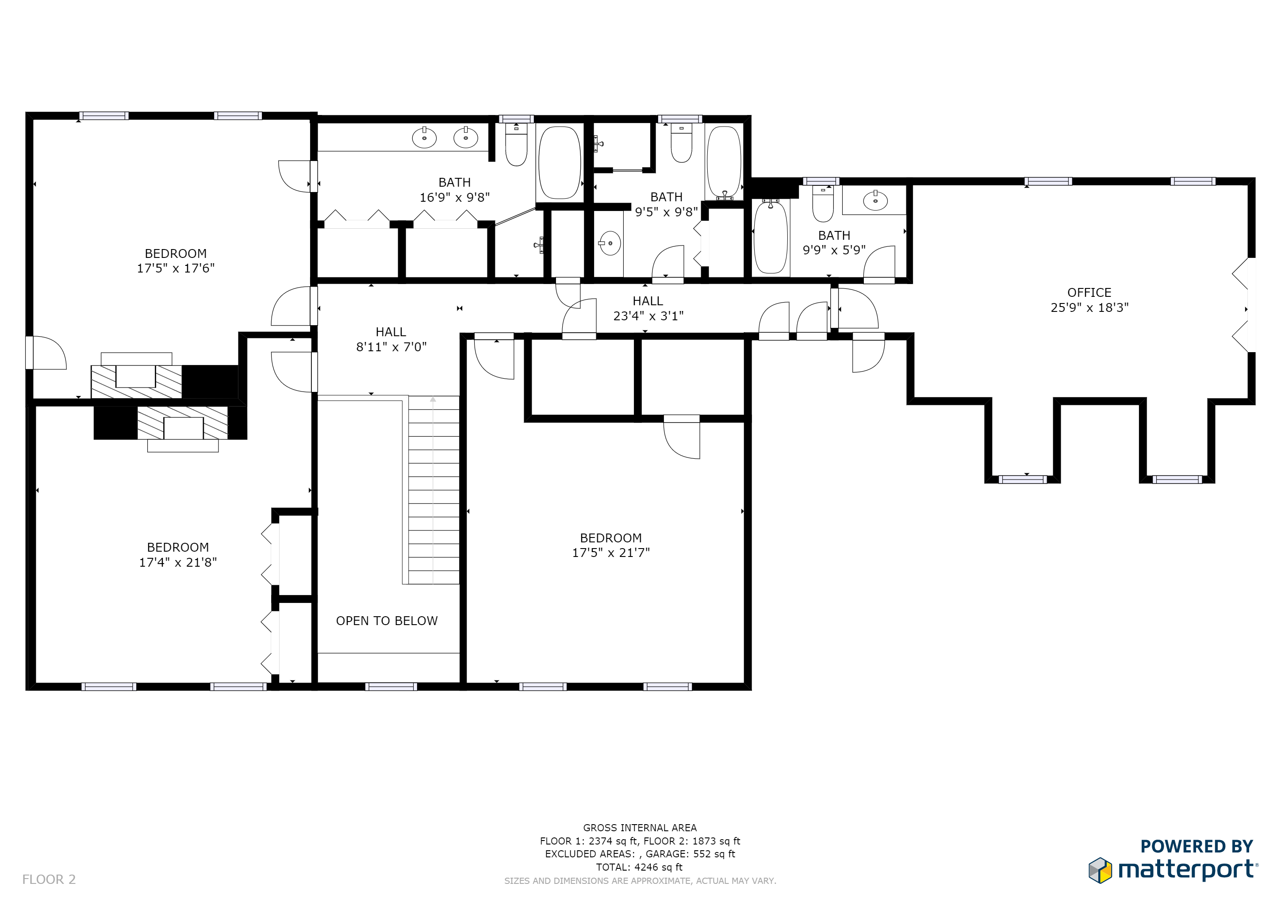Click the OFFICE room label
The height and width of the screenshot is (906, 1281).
1089,292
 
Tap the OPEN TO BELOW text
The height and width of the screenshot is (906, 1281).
387,621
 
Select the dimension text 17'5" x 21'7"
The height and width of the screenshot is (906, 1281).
611,552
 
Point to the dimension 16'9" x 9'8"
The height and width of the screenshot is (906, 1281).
455,197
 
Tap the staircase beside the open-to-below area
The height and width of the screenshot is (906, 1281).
433,490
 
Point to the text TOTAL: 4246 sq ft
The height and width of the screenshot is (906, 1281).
639,867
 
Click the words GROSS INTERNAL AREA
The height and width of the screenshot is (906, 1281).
640,828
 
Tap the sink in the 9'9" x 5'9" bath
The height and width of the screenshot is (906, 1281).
875,200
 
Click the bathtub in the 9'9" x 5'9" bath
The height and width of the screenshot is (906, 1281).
771,237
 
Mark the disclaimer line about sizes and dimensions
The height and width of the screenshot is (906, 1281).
640,881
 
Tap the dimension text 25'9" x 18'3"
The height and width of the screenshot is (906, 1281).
1089,307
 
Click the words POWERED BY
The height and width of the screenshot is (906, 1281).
1197,846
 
